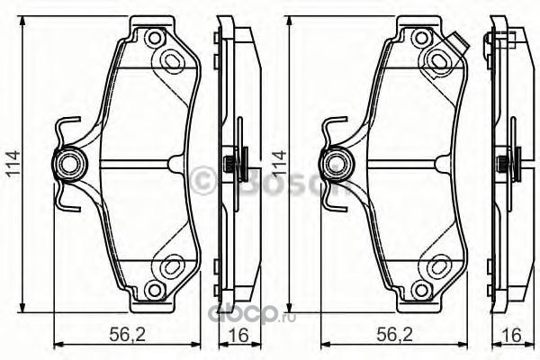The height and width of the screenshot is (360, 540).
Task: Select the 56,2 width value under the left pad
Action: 128,334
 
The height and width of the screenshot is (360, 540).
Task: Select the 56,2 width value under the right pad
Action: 395,334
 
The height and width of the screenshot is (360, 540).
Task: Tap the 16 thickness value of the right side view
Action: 512,335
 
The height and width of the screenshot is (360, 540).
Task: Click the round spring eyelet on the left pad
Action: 69,164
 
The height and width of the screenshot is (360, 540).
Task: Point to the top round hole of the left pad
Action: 154,38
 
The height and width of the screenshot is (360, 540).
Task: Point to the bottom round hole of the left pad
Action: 154,290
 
